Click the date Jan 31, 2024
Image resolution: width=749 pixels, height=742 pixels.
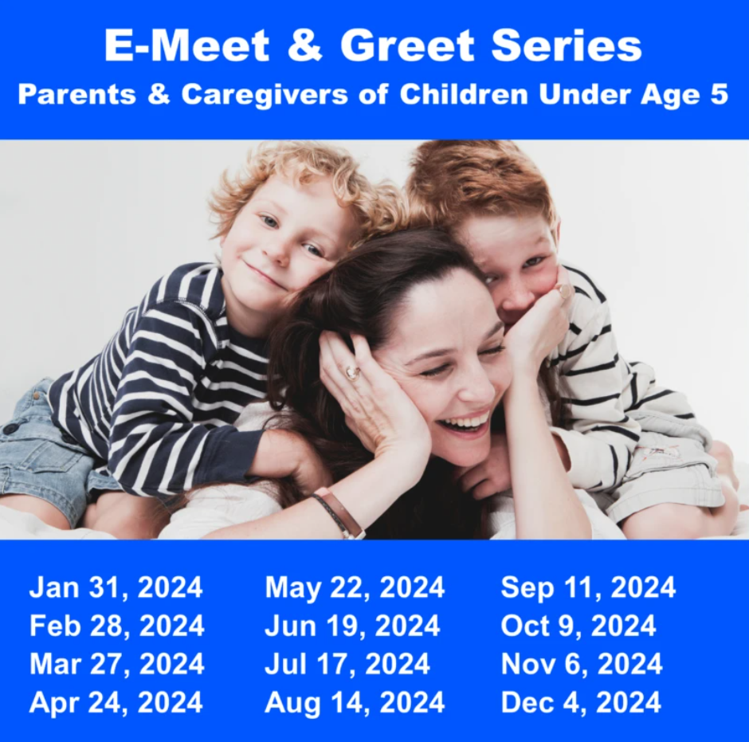(116, 587)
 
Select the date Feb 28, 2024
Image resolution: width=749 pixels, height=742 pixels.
(117, 626)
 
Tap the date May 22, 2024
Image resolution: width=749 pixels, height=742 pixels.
(355, 588)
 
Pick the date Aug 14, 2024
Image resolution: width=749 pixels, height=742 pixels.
(355, 703)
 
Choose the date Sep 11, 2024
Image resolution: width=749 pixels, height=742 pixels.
(588, 588)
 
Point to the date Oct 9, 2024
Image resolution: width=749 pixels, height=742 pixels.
(578, 626)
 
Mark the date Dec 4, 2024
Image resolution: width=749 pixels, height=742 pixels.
(581, 702)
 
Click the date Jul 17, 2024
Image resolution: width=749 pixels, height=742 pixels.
(347, 664)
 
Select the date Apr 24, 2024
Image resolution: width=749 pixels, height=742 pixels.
(116, 703)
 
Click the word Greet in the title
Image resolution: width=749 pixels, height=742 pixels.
(407, 46)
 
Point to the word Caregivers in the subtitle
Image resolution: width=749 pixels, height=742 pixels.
(265, 95)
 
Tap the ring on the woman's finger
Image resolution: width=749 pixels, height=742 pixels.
(352, 372)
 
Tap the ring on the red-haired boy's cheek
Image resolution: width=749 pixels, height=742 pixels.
(565, 291)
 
